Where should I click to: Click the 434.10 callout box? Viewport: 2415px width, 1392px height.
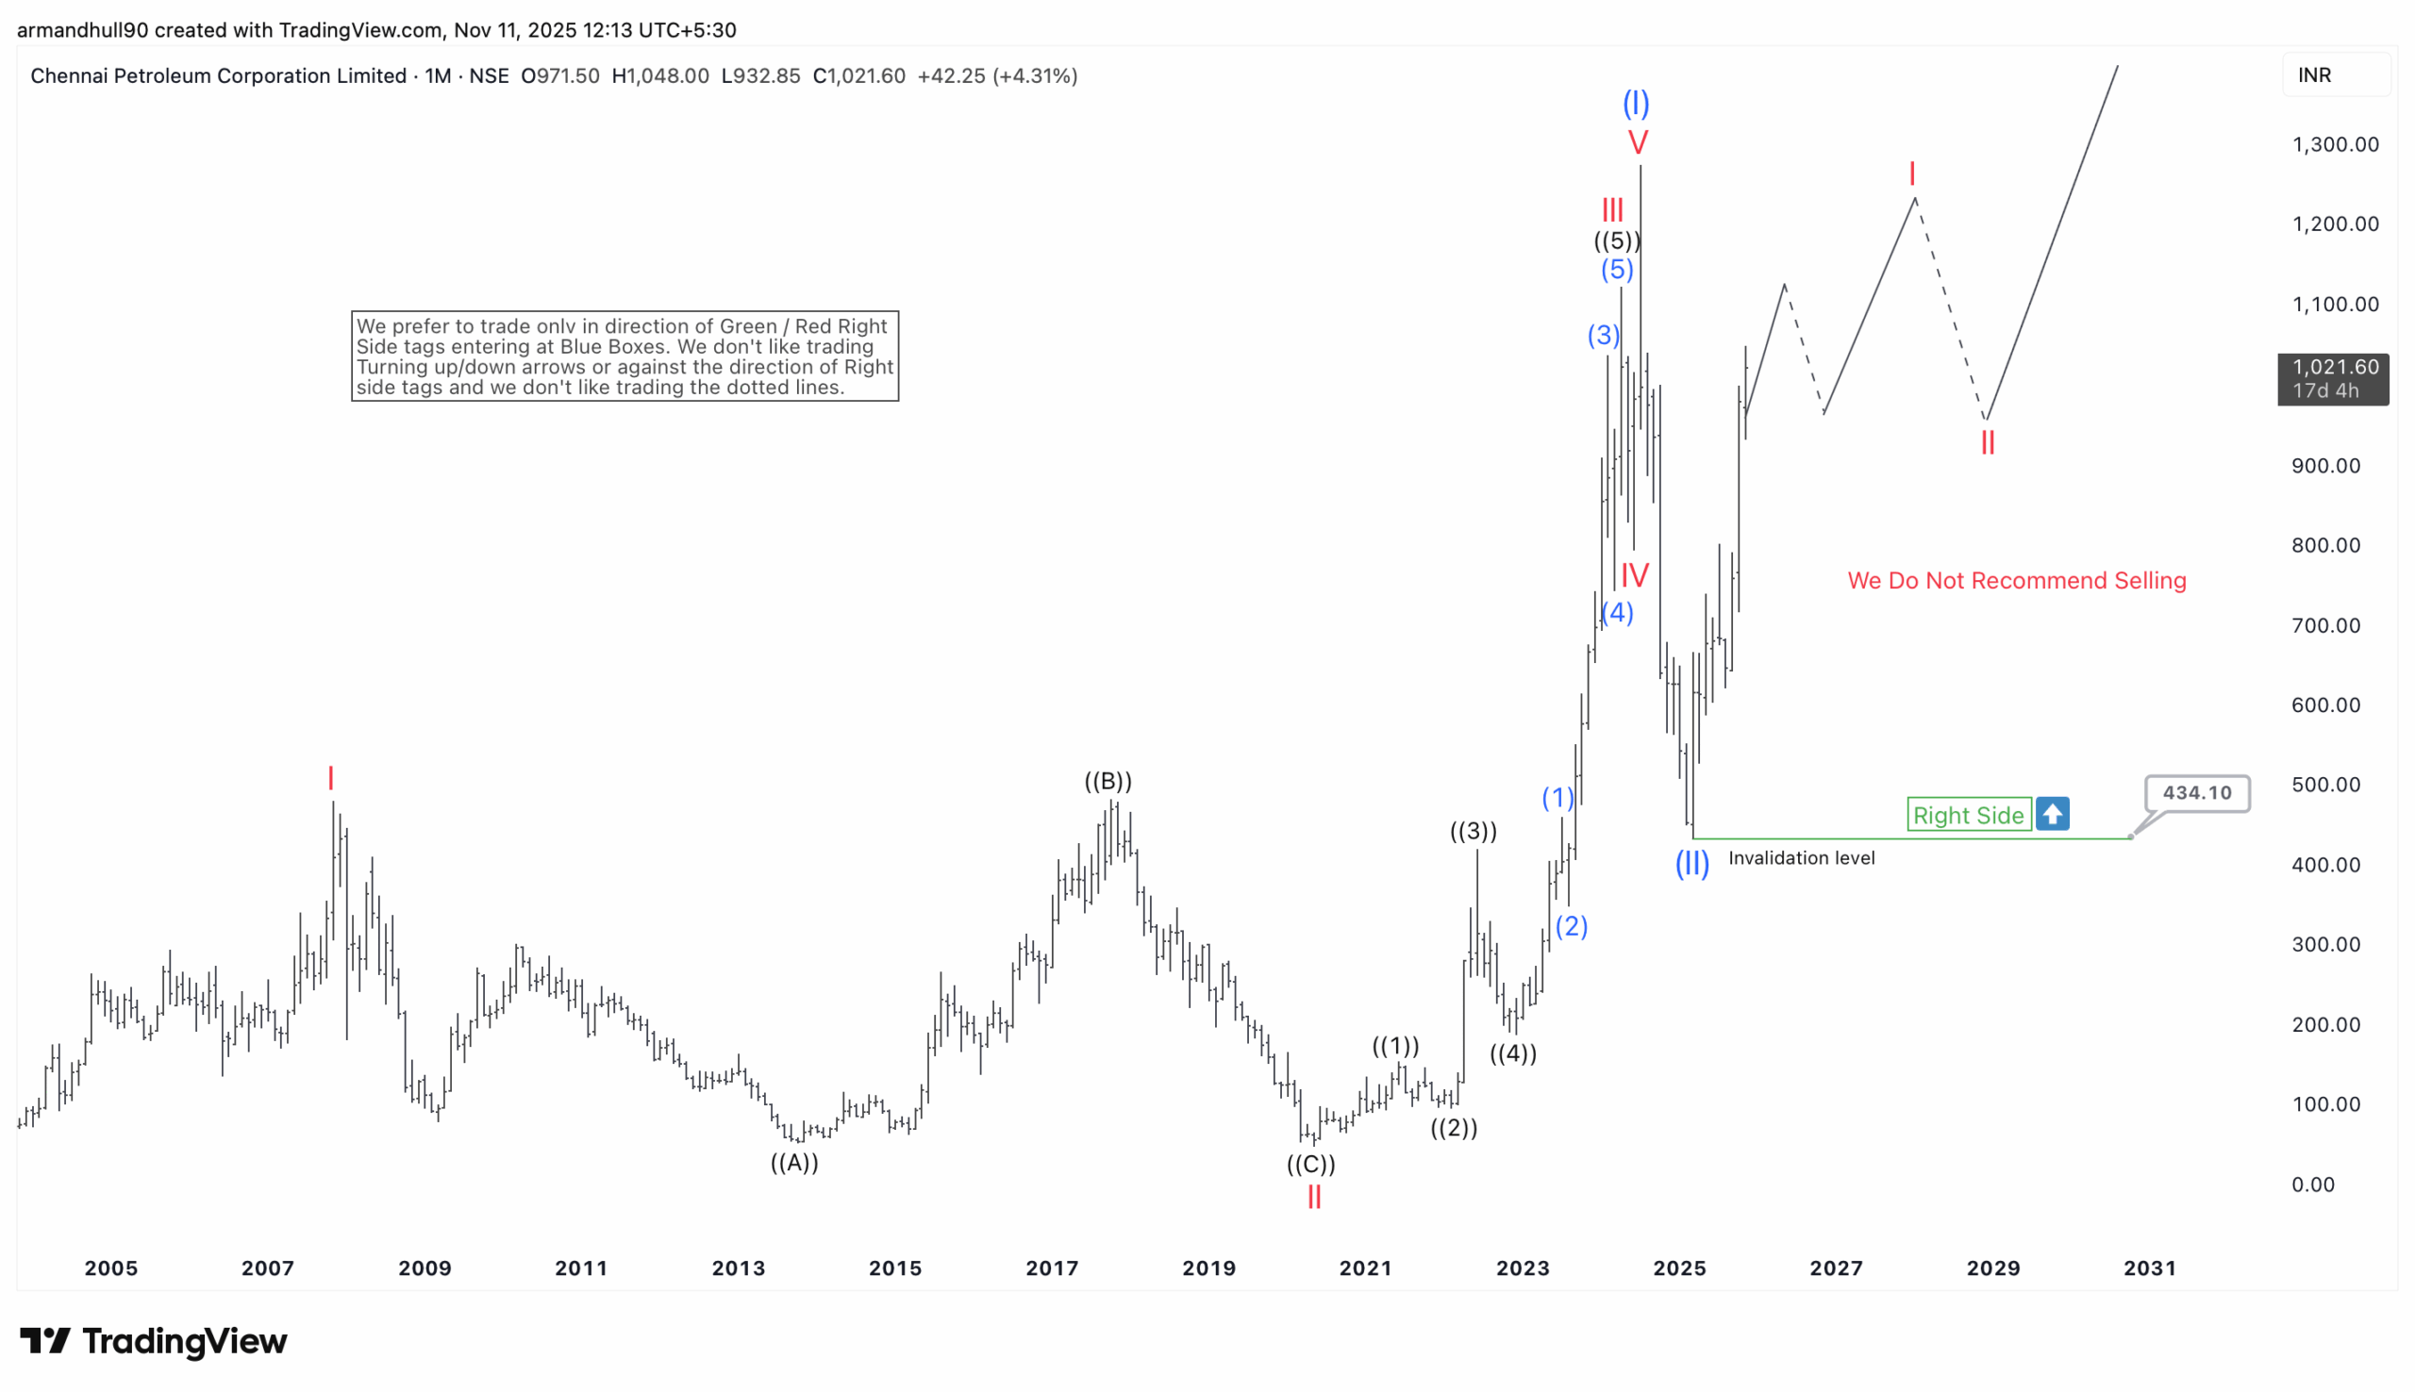coord(2196,792)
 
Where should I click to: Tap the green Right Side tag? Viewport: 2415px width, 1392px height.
coord(1968,815)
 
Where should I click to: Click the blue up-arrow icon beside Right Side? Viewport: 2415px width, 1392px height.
coord(2052,814)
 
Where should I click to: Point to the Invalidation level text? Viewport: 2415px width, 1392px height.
coord(1801,858)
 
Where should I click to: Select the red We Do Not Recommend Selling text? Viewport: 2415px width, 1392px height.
coord(2016,580)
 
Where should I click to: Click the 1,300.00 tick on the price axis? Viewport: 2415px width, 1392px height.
coord(2335,144)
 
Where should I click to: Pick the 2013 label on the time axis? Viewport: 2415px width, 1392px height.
coord(738,1268)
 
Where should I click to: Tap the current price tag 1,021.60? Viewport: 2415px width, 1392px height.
coord(2333,378)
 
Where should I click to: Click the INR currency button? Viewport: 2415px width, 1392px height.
coord(2315,75)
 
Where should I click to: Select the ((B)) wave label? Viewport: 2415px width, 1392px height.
coord(1108,781)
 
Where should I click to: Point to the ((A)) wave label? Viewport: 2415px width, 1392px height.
coord(794,1163)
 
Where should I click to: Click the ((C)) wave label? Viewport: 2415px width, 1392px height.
coord(1309,1165)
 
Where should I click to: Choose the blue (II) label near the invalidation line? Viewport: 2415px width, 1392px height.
coord(1691,863)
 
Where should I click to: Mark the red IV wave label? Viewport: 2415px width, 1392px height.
coord(1635,575)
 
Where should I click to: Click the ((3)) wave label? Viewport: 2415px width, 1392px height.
coord(1474,831)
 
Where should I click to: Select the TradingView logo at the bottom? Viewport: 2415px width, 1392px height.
coord(153,1340)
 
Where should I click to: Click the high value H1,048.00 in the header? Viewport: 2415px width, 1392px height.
coord(659,75)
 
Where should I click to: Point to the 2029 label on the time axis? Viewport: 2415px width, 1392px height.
coord(1993,1268)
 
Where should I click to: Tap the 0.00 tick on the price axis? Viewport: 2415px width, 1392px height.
coord(2313,1185)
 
